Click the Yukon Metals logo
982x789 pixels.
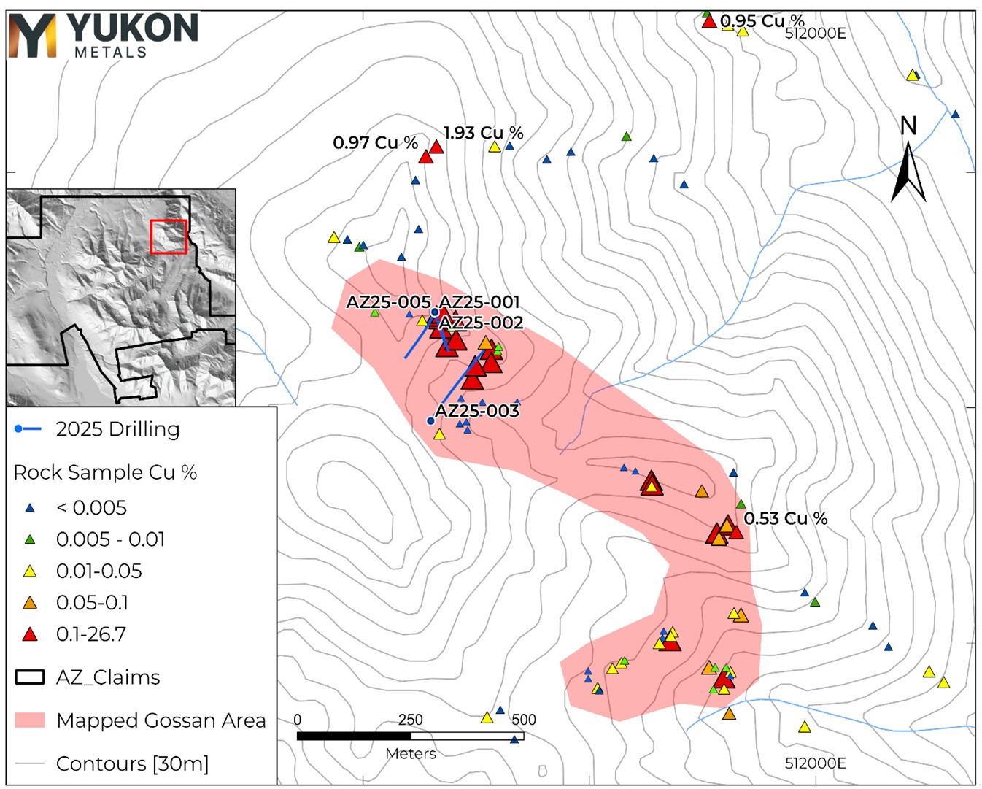(x=103, y=35)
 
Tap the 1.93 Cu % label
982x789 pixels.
(x=484, y=133)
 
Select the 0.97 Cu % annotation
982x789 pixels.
(x=375, y=142)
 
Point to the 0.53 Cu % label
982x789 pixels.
(x=785, y=518)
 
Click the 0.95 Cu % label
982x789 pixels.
(x=762, y=20)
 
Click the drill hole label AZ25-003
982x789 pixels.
(x=477, y=411)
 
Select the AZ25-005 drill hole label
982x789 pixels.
(x=388, y=302)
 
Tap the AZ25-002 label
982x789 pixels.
(x=482, y=323)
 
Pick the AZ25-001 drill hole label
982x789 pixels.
(x=480, y=302)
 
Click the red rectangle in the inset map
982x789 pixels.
(x=169, y=236)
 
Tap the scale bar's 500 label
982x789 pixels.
(x=524, y=720)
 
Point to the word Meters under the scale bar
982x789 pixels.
(x=411, y=754)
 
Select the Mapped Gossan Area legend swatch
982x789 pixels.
(x=30, y=720)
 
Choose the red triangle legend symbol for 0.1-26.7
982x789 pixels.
(x=30, y=634)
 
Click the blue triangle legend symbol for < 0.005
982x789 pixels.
(x=30, y=507)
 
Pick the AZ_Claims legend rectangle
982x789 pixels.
(x=30, y=677)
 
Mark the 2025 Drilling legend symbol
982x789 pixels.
(x=28, y=429)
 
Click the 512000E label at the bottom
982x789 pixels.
(x=815, y=763)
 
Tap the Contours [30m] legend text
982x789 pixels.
(x=132, y=763)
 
